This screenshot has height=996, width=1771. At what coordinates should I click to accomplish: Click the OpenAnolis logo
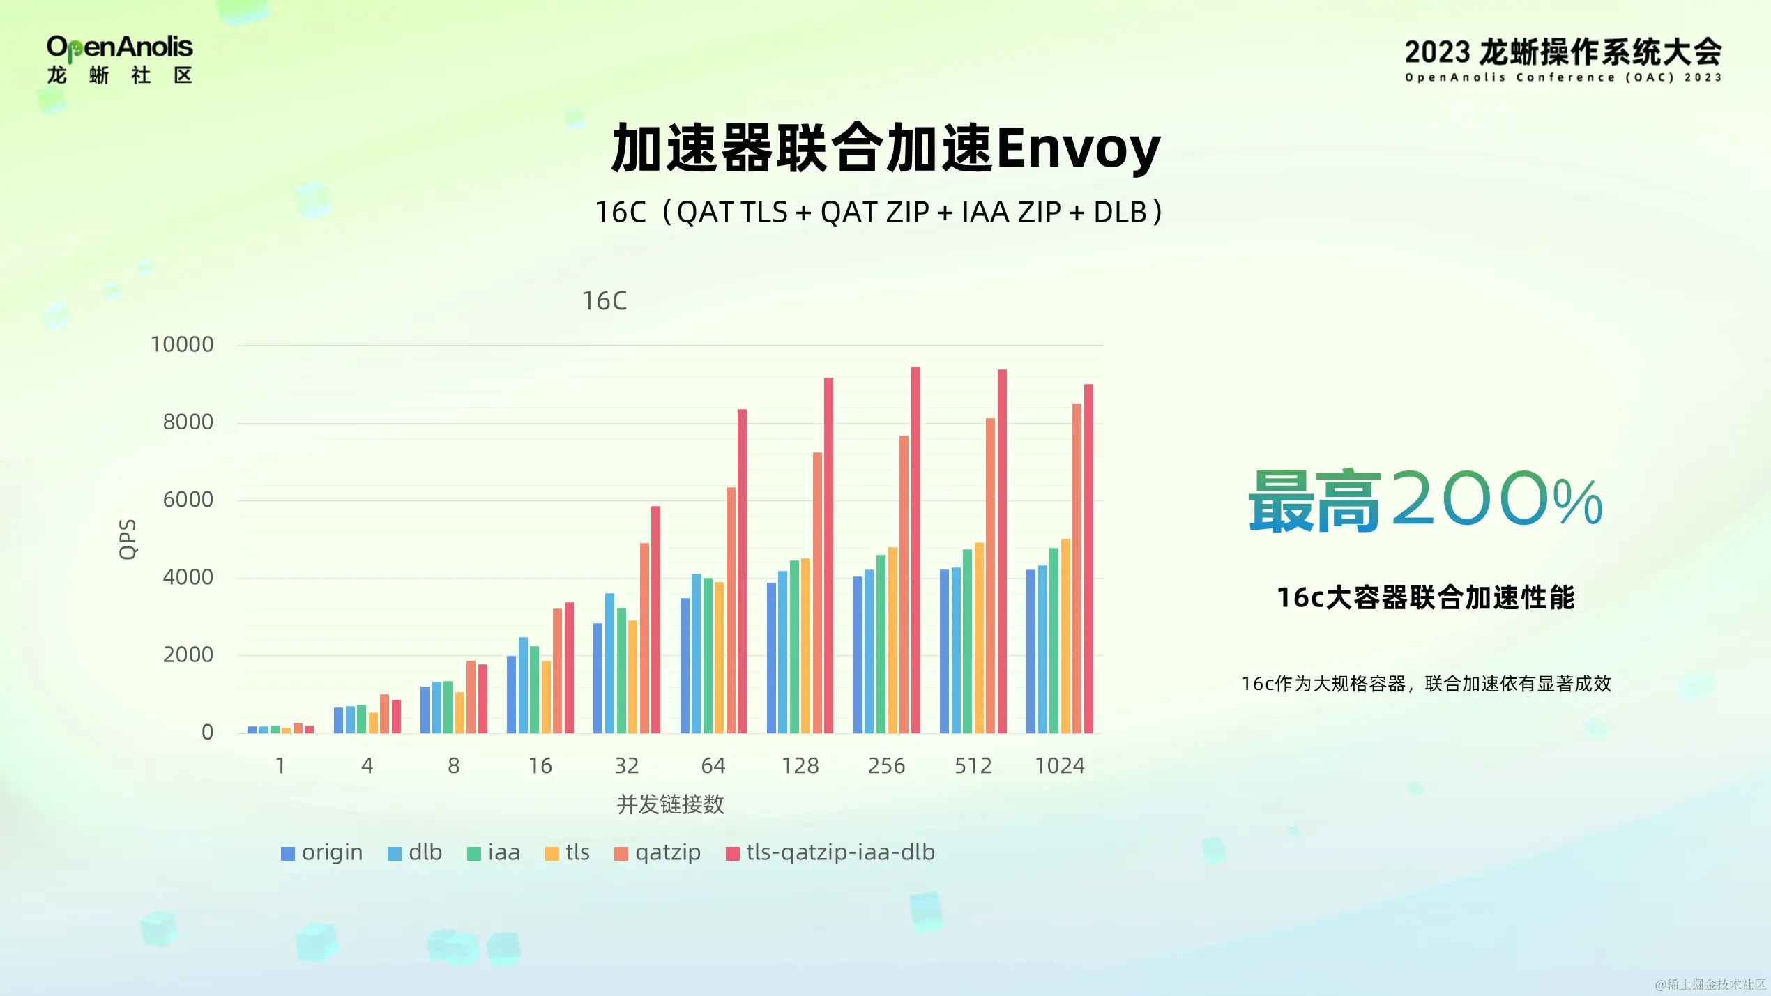[119, 59]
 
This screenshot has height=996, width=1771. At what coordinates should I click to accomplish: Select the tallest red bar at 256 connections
[915, 551]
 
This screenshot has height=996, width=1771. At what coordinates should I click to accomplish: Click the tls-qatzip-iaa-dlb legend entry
[830, 852]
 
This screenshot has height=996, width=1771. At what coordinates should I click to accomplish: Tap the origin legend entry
[322, 852]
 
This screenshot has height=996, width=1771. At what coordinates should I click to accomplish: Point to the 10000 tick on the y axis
[182, 344]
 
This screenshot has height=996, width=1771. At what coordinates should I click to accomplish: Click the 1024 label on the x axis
[1059, 766]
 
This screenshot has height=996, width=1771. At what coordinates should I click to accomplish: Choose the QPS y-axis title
[128, 539]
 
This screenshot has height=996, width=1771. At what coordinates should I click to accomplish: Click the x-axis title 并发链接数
[670, 804]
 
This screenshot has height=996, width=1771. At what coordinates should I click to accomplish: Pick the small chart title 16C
[605, 301]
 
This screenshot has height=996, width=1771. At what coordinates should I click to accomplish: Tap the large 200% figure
[1496, 499]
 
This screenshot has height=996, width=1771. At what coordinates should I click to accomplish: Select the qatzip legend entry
[658, 852]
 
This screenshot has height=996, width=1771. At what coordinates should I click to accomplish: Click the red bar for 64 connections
[742, 572]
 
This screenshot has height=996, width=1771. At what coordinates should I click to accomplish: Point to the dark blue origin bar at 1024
[1031, 652]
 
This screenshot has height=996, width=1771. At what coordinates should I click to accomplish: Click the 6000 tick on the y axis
[188, 500]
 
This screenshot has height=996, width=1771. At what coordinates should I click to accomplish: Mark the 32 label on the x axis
[626, 766]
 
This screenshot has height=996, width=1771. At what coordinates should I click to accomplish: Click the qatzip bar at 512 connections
[990, 576]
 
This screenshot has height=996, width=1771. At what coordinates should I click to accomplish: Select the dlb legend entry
[415, 852]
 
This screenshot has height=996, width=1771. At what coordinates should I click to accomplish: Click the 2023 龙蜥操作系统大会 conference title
[1563, 53]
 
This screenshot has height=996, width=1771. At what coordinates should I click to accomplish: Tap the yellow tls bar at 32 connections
[632, 677]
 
